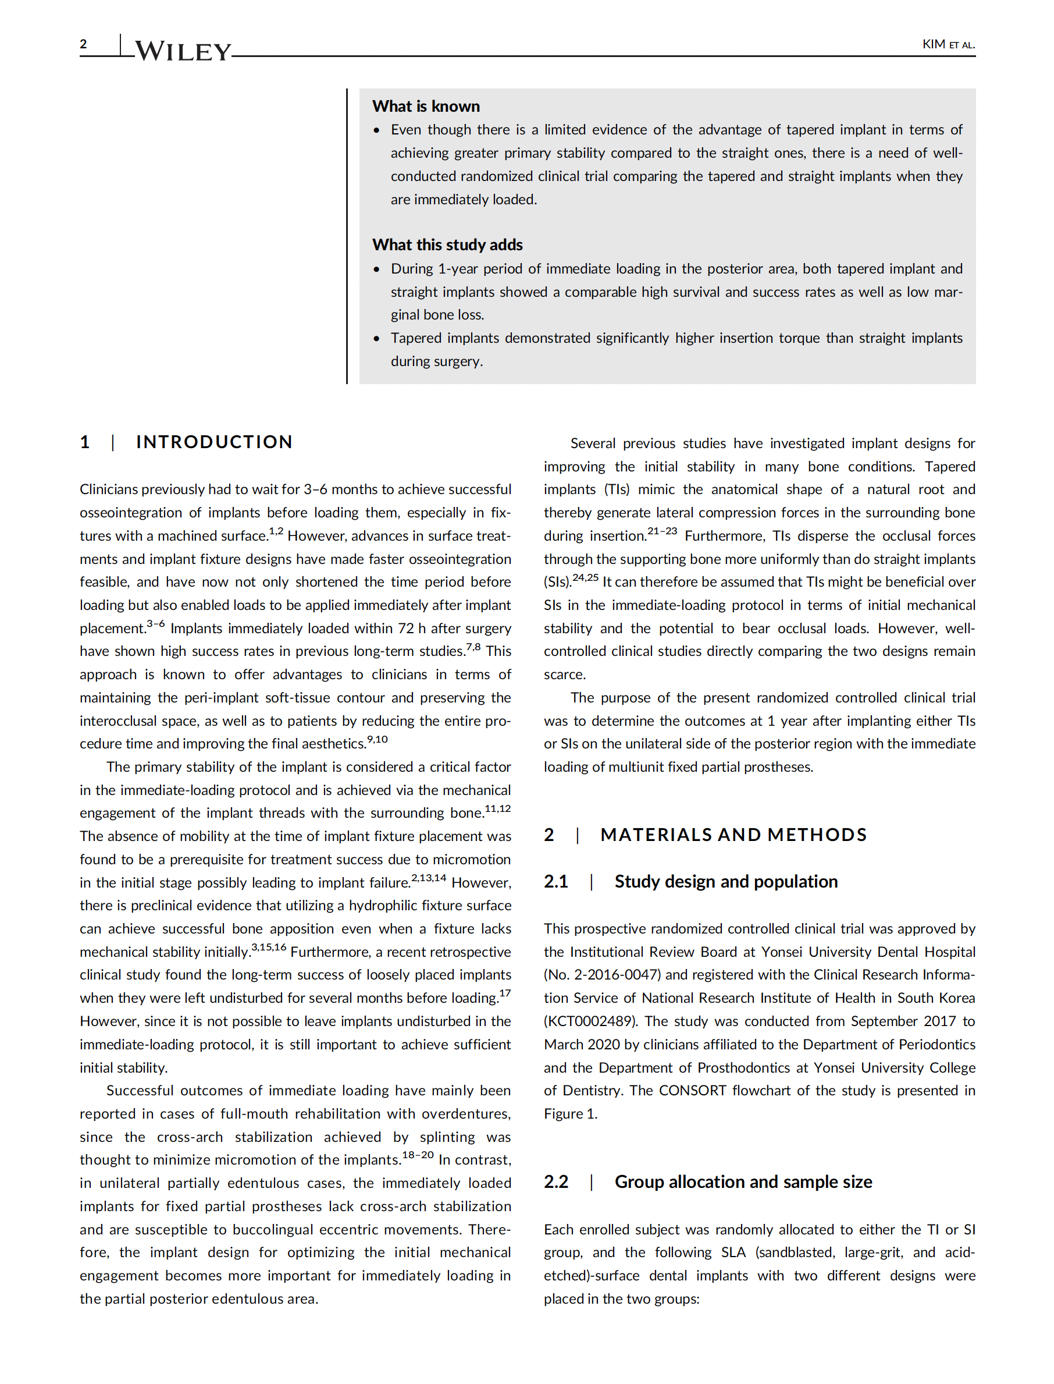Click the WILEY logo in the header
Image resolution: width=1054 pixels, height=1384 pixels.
point(183,51)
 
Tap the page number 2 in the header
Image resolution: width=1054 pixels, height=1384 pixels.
point(83,44)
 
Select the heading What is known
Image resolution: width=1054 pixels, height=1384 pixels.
point(426,106)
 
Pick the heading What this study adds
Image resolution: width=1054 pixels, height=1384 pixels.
point(447,245)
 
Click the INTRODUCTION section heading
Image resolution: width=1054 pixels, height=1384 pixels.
point(214,442)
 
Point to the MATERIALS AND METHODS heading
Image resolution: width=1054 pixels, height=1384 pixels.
point(733,835)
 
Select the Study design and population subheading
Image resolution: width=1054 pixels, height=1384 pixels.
point(726,881)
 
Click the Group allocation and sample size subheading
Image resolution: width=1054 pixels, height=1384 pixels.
point(743,1182)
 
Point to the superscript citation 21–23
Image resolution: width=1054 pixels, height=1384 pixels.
point(662,531)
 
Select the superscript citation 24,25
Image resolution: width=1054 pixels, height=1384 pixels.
point(585,577)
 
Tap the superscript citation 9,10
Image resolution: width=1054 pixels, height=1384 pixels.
point(377,739)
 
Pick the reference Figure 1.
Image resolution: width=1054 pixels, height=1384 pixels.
point(570,1113)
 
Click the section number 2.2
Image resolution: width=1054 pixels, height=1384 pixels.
point(556,1182)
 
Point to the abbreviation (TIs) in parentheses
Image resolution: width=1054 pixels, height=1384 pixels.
point(616,489)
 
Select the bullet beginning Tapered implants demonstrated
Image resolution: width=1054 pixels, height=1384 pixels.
point(676,338)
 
